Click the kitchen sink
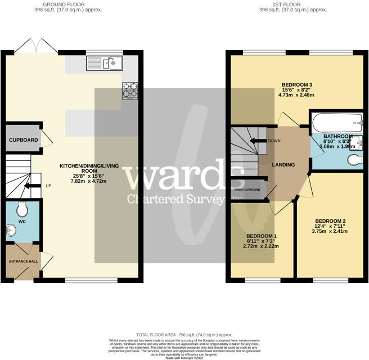click(105, 63)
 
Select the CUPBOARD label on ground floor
click(23, 140)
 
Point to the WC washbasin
click(12, 231)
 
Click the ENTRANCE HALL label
click(22, 262)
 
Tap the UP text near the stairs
click(48, 186)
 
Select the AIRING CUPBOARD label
click(247, 190)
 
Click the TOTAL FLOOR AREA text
click(184, 334)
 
